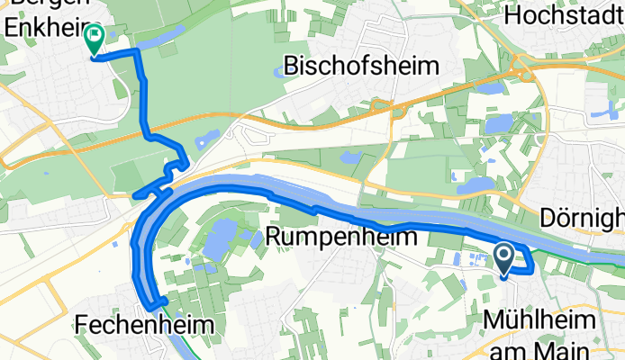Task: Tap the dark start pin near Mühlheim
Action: click(x=504, y=259)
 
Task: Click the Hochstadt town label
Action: click(x=564, y=15)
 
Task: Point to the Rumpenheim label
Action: click(x=343, y=238)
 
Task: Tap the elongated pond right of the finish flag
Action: click(x=160, y=38)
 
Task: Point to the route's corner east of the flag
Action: click(x=138, y=53)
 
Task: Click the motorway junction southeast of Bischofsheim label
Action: click(x=396, y=109)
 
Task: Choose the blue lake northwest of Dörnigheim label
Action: click(x=476, y=186)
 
